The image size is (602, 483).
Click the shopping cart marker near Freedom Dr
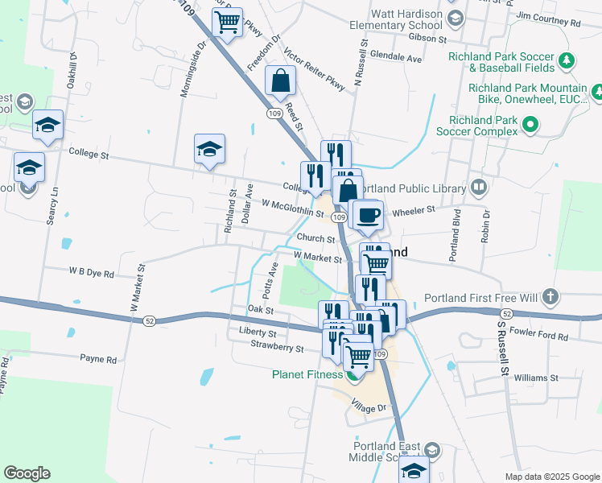click(228, 23)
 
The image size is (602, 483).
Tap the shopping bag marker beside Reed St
click(279, 80)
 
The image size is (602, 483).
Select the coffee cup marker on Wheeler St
click(369, 215)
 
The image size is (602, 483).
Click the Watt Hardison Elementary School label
click(407, 19)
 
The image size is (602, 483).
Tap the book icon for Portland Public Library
click(479, 188)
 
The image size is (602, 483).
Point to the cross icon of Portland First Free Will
click(550, 297)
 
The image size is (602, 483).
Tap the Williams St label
click(536, 377)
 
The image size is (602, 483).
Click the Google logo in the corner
click(27, 473)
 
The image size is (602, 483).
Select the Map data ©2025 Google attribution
click(551, 477)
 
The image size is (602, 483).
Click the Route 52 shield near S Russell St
click(505, 312)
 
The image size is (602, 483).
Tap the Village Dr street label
click(371, 408)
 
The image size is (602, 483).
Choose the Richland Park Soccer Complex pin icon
click(530, 124)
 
